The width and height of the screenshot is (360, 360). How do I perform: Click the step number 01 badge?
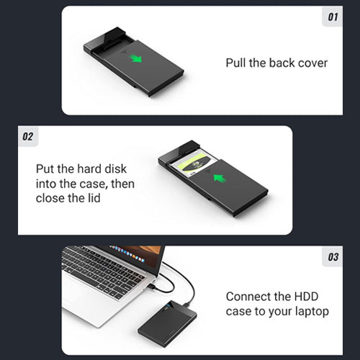pyautogui.click(x=333, y=17)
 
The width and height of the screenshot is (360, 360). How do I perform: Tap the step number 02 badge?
pyautogui.click(x=28, y=136)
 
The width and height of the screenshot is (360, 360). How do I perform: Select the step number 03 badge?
pyautogui.click(x=333, y=256)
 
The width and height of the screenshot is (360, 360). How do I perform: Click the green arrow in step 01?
pyautogui.click(x=136, y=58)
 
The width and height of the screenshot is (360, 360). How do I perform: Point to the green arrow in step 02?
pyautogui.click(x=220, y=179)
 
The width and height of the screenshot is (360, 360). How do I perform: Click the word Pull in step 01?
pyautogui.click(x=236, y=63)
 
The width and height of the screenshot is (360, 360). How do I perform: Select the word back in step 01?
pyautogui.click(x=279, y=63)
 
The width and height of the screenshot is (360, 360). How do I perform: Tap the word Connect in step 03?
pyautogui.click(x=247, y=297)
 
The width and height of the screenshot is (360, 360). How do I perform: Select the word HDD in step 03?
pyautogui.click(x=306, y=297)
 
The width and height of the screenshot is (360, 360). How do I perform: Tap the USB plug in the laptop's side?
pyautogui.click(x=150, y=287)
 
